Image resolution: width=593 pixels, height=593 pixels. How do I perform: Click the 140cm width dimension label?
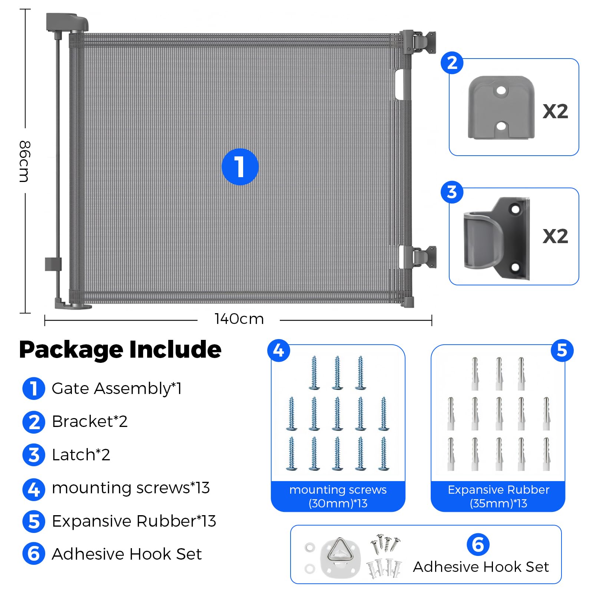pyautogui.click(x=239, y=319)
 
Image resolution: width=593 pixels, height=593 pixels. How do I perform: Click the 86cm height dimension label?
pyautogui.click(x=24, y=161)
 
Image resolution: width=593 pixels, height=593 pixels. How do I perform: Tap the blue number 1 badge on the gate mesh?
pyautogui.click(x=240, y=167)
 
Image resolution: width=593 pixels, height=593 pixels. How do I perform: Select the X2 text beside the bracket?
pyautogui.click(x=555, y=111)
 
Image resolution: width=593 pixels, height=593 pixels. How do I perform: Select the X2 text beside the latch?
pyautogui.click(x=555, y=236)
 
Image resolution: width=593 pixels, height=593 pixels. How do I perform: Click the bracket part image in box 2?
pyautogui.click(x=501, y=107)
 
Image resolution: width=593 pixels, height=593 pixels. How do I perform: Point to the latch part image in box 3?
pyautogui.click(x=497, y=238)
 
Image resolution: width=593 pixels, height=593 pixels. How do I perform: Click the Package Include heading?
pyautogui.click(x=120, y=349)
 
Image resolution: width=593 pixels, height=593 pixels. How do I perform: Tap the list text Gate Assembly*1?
pyautogui.click(x=117, y=388)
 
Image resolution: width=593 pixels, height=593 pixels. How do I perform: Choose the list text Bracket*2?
pyautogui.click(x=90, y=421)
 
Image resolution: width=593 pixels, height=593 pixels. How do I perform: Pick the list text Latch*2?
pyautogui.click(x=81, y=455)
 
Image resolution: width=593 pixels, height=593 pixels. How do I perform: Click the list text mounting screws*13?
pyautogui.click(x=131, y=488)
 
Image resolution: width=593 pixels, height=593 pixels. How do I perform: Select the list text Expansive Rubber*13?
pyautogui.click(x=134, y=521)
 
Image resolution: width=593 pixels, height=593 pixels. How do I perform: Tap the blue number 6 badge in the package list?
pyautogui.click(x=34, y=554)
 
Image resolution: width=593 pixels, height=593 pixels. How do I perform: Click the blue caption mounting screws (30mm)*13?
pyautogui.click(x=338, y=496)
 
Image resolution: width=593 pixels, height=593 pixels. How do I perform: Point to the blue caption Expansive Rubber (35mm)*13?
pyautogui.click(x=498, y=496)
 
